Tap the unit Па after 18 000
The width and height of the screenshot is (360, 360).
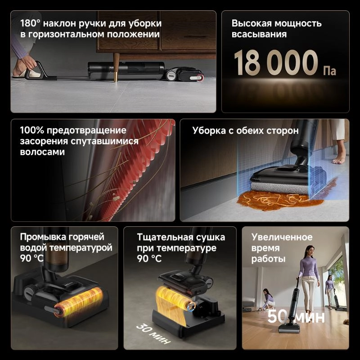coord(329,71)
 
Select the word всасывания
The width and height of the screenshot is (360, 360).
coord(259,34)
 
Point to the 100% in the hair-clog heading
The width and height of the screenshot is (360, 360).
coord(31,130)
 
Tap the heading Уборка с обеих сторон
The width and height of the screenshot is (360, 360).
coord(245,130)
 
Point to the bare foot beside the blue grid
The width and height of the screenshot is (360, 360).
coord(339,157)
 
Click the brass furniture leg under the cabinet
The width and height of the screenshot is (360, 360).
coord(116,67)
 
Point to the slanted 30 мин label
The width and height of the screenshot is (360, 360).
coord(151,333)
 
